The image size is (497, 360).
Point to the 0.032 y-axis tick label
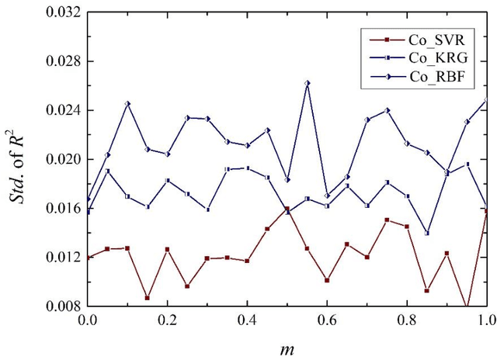click(x=64, y=13)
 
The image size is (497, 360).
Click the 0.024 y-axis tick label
click(x=64, y=111)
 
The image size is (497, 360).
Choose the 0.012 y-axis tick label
click(x=64, y=258)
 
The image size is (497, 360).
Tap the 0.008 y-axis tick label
click(x=64, y=306)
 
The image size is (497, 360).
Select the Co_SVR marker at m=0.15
click(x=148, y=297)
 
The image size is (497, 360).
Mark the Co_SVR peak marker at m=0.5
click(x=287, y=209)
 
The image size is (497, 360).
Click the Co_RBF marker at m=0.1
click(x=127, y=103)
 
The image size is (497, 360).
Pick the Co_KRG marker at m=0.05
click(x=108, y=171)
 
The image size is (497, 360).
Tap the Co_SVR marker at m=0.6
click(x=327, y=280)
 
